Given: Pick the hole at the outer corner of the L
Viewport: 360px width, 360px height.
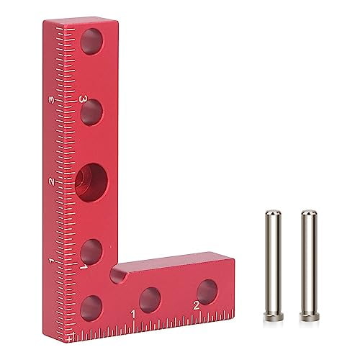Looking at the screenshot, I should pos(92,305).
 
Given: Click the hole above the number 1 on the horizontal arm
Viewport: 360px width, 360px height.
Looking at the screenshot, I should pos(150,297).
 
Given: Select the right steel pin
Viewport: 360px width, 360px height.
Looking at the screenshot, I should pos(309,266).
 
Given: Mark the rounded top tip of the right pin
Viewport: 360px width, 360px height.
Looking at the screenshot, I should pos(308,213).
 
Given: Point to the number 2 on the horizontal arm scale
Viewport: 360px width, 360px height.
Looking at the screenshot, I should pos(196,306).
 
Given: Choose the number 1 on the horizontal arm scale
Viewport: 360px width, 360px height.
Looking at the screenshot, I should pos(134,314).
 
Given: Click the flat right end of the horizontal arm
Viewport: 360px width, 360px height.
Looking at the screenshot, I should pos(233,284).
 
